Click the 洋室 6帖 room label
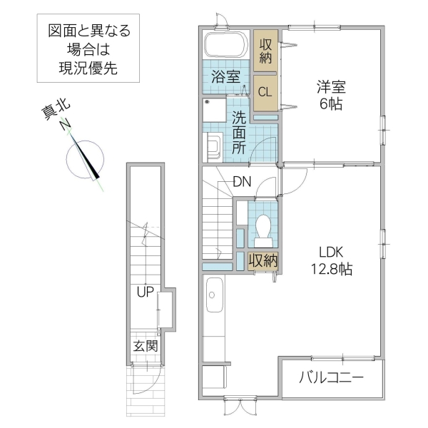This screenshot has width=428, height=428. (331, 95)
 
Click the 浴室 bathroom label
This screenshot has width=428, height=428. (225, 77)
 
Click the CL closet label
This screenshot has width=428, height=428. (264, 91)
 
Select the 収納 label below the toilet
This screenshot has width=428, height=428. (263, 260)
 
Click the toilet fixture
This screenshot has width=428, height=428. (262, 228)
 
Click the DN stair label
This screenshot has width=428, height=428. (242, 182)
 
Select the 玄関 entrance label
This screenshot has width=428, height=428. (146, 347)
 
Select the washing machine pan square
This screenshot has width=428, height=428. (213, 113)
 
